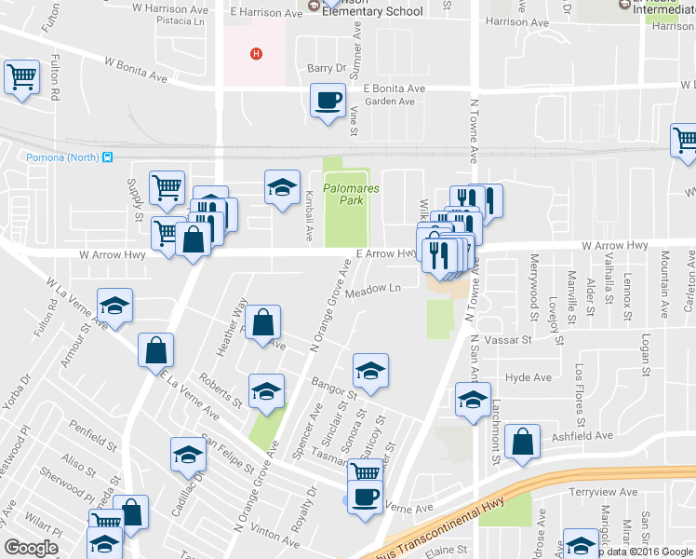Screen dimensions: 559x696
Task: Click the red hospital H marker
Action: pos(255,53)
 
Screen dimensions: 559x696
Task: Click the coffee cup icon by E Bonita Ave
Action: pos(327,101)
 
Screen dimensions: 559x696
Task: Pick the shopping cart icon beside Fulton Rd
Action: pos(21,77)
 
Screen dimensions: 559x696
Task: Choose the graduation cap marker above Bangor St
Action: pos(370,372)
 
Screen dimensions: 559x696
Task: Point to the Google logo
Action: pos(32,548)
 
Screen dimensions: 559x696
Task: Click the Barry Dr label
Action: pos(326,68)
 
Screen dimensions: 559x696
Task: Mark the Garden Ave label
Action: pos(389,102)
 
